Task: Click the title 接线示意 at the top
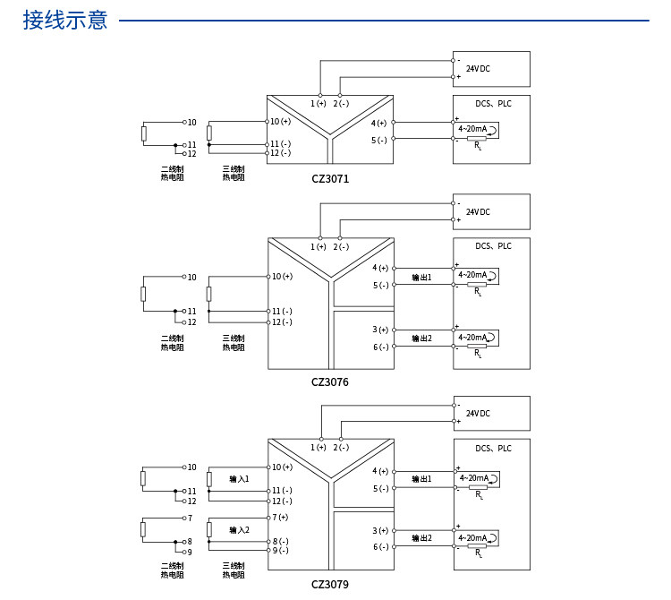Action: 65,20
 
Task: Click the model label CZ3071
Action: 330,178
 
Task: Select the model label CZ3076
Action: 330,382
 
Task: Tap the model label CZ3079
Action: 330,584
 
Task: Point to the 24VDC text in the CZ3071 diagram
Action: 478,69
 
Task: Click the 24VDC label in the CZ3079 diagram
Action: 478,413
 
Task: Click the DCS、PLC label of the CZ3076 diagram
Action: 493,246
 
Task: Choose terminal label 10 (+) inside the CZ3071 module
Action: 280,121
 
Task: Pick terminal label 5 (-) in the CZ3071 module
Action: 379,140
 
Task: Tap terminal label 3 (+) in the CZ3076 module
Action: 380,330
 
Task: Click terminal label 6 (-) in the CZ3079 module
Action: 381,547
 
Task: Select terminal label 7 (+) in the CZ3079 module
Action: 280,518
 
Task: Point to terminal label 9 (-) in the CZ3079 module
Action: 281,551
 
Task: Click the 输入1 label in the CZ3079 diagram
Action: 239,479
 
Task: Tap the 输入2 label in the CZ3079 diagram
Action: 239,530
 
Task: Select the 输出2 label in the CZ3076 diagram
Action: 422,339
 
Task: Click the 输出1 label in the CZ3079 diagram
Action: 422,479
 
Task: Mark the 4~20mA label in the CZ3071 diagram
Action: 472,128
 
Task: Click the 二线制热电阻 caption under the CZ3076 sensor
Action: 172,343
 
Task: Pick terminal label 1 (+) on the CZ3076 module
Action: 319,246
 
